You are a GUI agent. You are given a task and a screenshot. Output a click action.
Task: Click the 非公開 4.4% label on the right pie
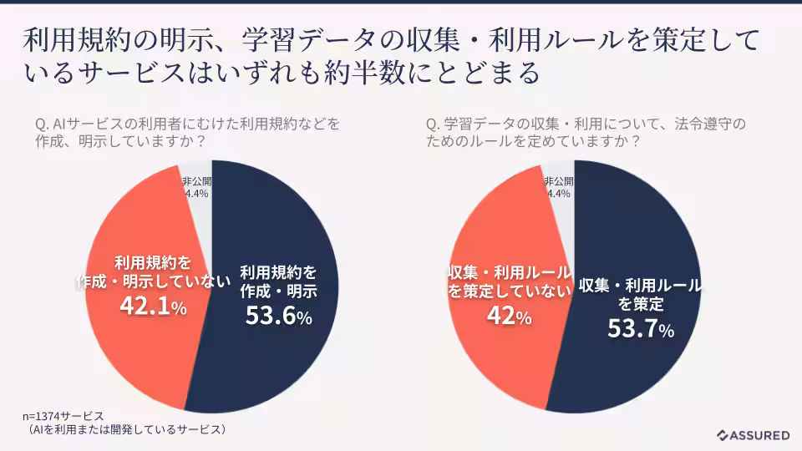tap(558, 187)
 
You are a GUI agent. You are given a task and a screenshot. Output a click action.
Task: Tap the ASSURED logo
tap(753, 435)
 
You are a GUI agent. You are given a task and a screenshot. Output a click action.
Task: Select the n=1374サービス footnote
tap(63, 416)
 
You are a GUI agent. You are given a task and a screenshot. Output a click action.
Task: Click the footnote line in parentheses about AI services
tap(124, 430)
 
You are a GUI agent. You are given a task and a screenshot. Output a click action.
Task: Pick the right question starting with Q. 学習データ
tap(585, 132)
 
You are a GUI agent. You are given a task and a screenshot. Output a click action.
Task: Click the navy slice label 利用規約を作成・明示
tap(278, 281)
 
